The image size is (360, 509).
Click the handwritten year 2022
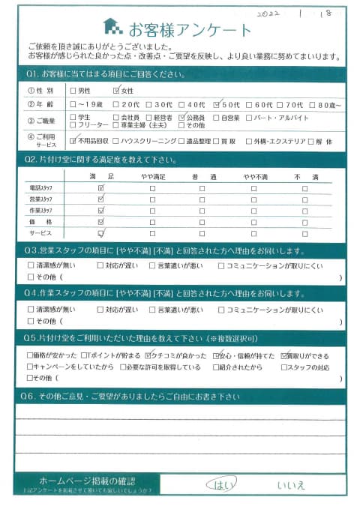click(x=271, y=13)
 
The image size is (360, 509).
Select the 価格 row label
click(x=40, y=221)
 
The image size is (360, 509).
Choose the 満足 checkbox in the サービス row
click(x=100, y=232)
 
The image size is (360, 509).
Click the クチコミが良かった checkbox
click(x=150, y=355)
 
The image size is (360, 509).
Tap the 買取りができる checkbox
click(x=285, y=355)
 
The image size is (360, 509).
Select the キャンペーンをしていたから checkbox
click(x=29, y=367)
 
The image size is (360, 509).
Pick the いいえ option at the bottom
click(x=291, y=484)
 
